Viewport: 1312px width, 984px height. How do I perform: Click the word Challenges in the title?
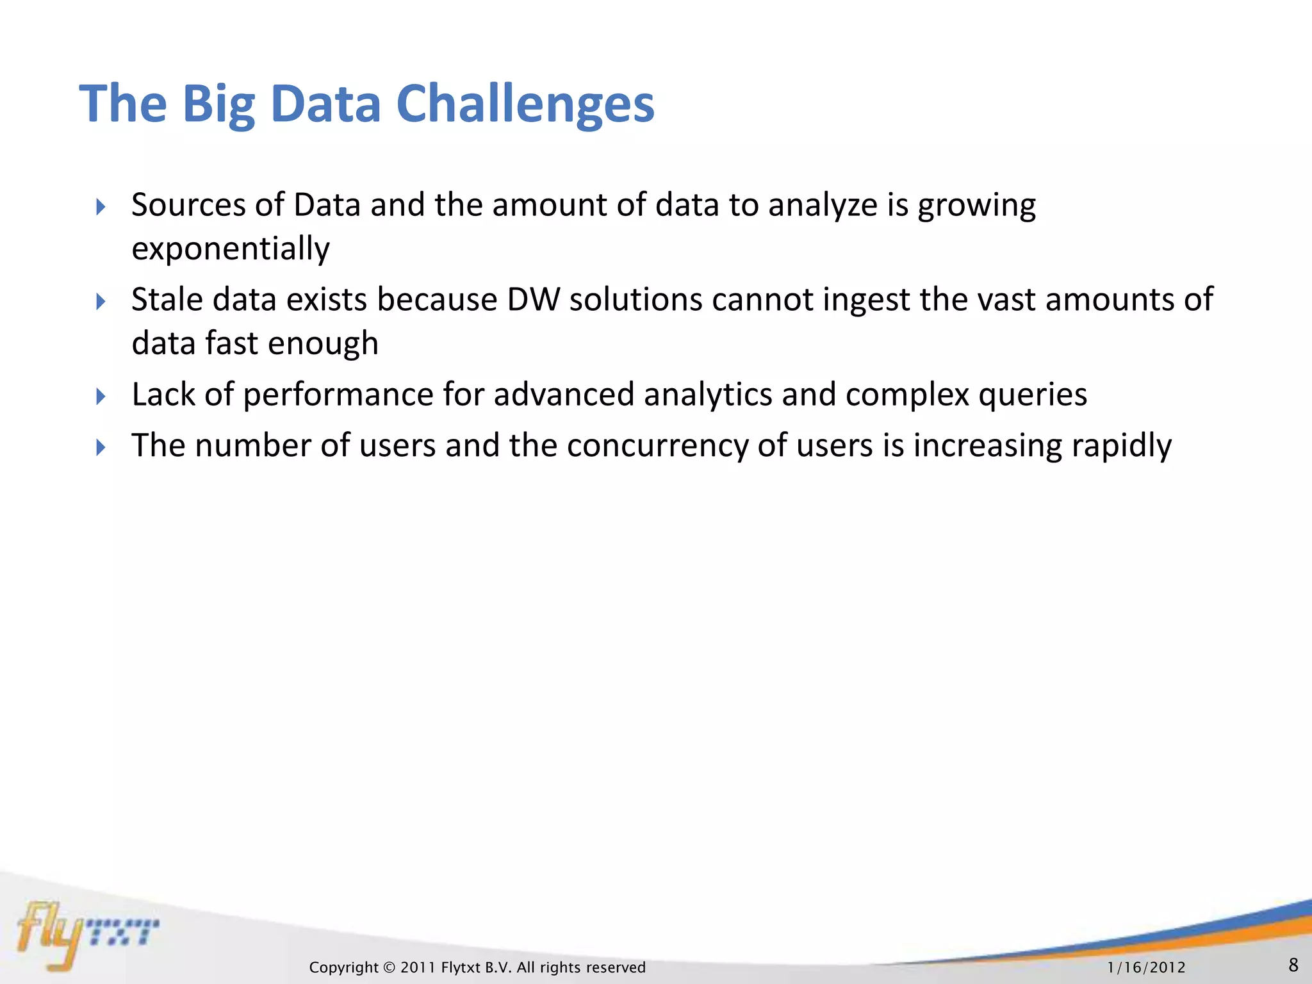coord(525,104)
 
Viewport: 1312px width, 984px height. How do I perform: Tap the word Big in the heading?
coord(218,104)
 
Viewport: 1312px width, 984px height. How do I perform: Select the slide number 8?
coord(1293,965)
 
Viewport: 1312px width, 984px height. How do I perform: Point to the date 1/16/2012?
coord(1146,967)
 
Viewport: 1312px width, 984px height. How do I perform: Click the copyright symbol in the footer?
coord(389,967)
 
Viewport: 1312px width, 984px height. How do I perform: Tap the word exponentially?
coord(231,249)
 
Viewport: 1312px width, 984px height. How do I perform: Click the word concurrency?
coord(657,445)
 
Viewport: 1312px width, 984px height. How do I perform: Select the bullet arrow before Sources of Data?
coord(101,207)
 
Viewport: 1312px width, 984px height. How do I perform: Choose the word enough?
coord(323,343)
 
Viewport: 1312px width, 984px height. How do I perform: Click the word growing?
coord(976,206)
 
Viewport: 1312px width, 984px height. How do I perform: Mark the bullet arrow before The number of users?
coord(101,447)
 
